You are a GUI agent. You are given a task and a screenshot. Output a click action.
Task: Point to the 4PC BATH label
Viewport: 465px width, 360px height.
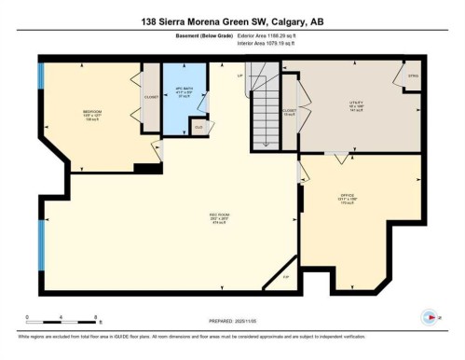point(184,91)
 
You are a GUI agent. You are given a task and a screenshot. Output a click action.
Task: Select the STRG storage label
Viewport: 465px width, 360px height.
point(412,76)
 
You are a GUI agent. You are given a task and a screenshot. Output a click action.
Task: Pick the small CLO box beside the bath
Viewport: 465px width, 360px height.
point(198,126)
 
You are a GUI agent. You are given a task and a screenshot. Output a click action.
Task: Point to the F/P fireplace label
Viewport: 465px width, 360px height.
point(287,277)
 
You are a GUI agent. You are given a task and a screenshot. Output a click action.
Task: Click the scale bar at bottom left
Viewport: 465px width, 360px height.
point(62,317)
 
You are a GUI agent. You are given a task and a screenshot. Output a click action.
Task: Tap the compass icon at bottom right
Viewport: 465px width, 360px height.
point(430,316)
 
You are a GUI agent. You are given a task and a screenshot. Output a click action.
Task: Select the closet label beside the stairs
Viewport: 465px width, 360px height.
point(290,113)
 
